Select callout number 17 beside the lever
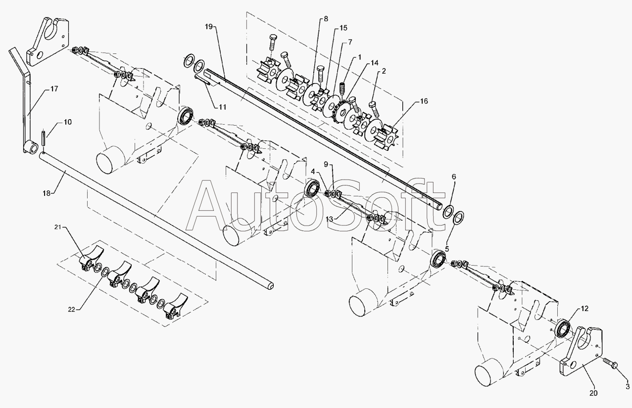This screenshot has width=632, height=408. (54, 90)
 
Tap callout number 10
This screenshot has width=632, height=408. (67, 122)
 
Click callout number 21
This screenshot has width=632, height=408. (58, 227)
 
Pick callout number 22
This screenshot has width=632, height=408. (72, 310)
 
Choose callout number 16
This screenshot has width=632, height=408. (424, 101)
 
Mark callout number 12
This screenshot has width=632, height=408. (584, 309)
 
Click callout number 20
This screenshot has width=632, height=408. (593, 393)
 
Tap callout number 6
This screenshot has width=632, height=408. (454, 177)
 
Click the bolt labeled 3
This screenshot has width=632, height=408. (612, 364)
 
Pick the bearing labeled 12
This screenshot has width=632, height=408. (563, 329)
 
